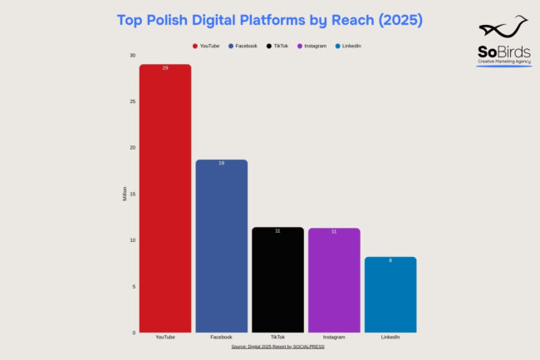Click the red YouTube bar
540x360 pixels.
(x=165, y=200)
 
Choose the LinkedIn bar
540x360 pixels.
(x=390, y=295)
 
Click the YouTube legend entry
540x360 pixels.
(x=206, y=46)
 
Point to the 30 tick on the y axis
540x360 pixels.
(x=132, y=56)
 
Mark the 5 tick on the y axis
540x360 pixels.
(x=133, y=287)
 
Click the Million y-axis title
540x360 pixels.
(x=125, y=195)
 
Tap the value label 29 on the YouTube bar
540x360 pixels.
(x=165, y=67)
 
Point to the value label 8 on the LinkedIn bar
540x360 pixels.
(x=390, y=260)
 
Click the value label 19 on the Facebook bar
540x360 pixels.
(x=221, y=163)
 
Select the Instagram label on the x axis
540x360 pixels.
(x=334, y=338)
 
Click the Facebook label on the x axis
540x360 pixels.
(x=221, y=338)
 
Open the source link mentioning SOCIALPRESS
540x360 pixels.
(x=277, y=346)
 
